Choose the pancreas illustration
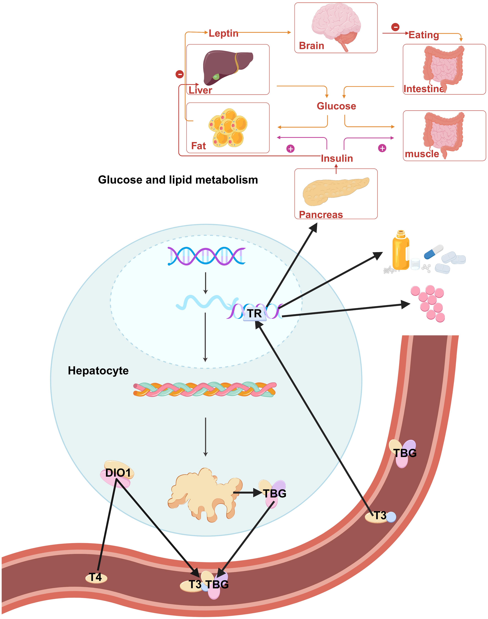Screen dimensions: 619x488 coord(336,191)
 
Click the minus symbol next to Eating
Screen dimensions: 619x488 coord(395,27)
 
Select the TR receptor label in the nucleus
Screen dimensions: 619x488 coord(254,313)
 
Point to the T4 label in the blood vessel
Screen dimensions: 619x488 coord(96,577)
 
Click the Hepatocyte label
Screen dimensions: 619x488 coord(98,371)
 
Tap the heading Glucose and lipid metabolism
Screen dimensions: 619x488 coord(178,180)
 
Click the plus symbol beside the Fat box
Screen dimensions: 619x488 coord(290,149)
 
